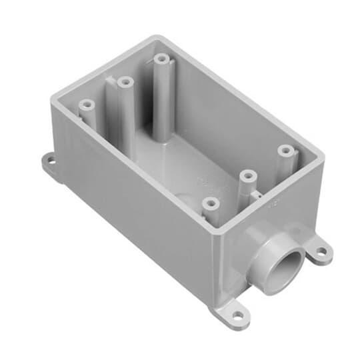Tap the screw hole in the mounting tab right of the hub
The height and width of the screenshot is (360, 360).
321,252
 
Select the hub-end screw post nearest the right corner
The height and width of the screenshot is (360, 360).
285,150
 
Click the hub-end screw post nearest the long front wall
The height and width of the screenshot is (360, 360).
211,201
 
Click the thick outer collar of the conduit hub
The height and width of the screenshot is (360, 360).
262,243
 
